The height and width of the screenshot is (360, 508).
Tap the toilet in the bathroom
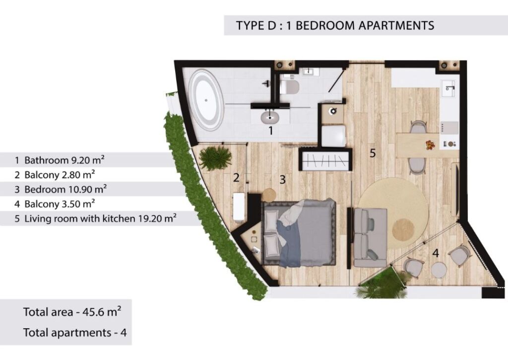pos(289,86)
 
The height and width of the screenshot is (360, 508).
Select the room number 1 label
pos(270,131)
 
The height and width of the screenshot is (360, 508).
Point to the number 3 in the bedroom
pos(282,179)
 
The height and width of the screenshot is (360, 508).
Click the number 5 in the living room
pos(373,153)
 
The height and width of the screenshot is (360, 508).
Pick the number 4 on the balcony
pos(436,253)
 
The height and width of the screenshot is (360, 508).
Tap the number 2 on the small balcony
pos(236,177)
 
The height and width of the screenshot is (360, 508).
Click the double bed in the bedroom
pos(298,232)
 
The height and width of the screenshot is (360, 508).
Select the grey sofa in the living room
pos(370,237)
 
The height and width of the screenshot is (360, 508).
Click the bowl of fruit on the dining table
pos(430,145)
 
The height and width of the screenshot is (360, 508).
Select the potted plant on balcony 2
pos(215,157)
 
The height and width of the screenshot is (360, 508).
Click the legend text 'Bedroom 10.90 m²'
pos(66,189)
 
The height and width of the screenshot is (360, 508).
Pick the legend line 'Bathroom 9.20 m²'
pos(60,160)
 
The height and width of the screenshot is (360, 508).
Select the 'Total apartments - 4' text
pos(75,333)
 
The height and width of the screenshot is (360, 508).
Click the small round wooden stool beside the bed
pos(269,195)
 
